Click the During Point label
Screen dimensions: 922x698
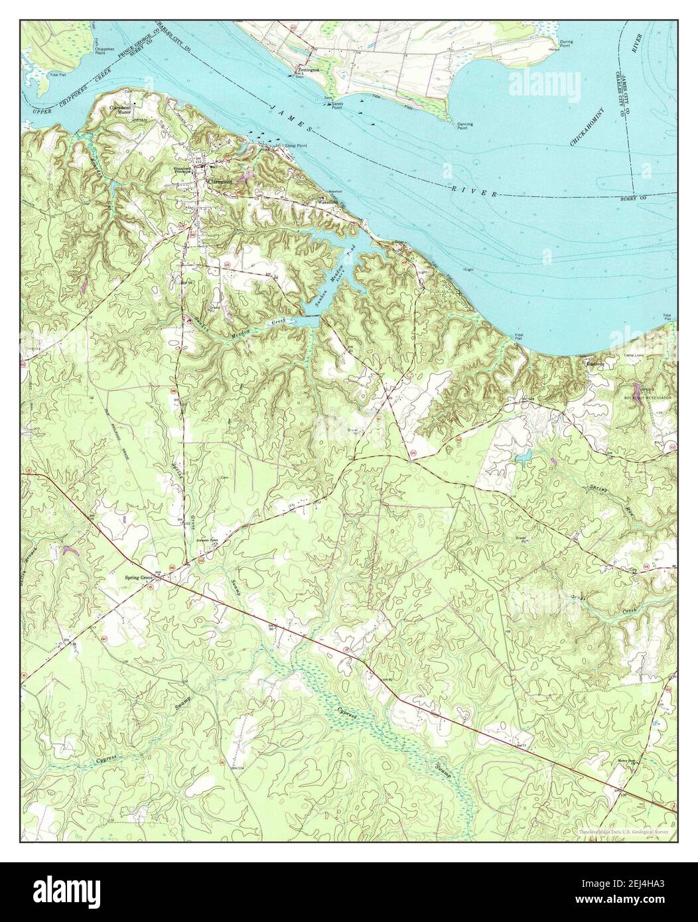click(x=565, y=44)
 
